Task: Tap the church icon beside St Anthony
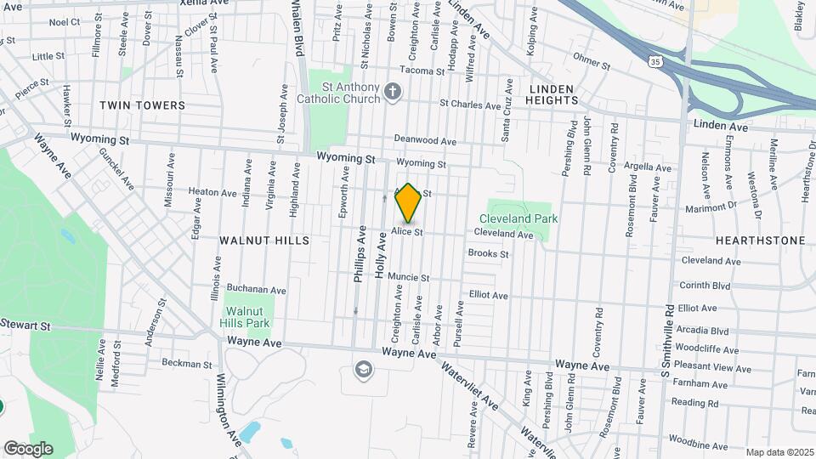pyautogui.click(x=392, y=91)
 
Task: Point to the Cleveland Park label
pyautogui.click(x=524, y=218)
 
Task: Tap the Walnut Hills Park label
pyautogui.click(x=247, y=317)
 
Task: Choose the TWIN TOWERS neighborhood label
pyautogui.click(x=142, y=105)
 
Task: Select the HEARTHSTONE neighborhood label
pyautogui.click(x=760, y=241)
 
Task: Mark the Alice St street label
pyautogui.click(x=407, y=232)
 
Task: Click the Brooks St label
pyautogui.click(x=488, y=253)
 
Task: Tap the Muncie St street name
pyautogui.click(x=408, y=277)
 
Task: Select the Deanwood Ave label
pyautogui.click(x=425, y=141)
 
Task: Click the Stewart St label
pyautogui.click(x=25, y=325)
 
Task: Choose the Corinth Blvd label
pyautogui.click(x=705, y=286)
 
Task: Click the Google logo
pyautogui.click(x=28, y=448)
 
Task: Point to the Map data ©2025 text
pyautogui.click(x=779, y=452)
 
